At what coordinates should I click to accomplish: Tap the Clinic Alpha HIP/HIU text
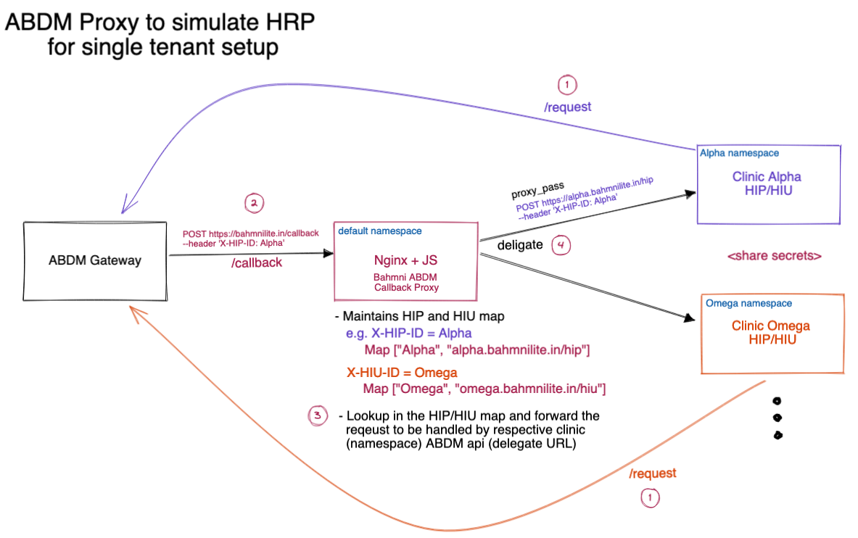[767, 183]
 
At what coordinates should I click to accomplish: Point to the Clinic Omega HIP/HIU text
[770, 332]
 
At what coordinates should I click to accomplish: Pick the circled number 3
[317, 415]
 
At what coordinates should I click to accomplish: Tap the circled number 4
[561, 246]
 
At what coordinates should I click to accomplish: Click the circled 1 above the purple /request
[567, 86]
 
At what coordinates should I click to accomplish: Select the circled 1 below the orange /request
[650, 498]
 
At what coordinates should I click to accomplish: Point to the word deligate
[520, 245]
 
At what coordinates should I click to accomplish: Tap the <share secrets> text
[774, 256]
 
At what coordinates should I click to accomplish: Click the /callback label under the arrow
[256, 263]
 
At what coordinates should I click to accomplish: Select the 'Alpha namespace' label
[739, 153]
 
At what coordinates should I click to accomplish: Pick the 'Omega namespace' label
[749, 303]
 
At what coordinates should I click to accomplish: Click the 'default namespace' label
[380, 231]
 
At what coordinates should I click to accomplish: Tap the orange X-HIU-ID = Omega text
[402, 373]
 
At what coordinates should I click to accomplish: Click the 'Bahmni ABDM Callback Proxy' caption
[405, 283]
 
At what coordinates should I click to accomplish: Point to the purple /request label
[567, 107]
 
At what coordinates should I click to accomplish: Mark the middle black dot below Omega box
[777, 418]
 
